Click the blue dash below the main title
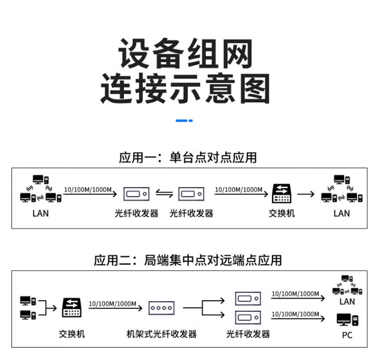click(184, 121)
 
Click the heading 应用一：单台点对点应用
click(188, 157)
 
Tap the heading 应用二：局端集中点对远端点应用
click(188, 259)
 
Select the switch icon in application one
click(282, 193)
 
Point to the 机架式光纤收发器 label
click(162, 334)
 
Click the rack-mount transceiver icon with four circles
click(162, 308)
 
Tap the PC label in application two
click(347, 335)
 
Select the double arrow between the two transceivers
click(164, 193)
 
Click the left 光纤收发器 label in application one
click(137, 213)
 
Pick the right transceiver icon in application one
click(191, 193)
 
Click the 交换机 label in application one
click(282, 213)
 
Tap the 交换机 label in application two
click(72, 334)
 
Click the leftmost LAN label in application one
click(40, 213)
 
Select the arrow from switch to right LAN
click(306, 193)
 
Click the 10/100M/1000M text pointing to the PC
click(295, 313)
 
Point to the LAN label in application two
click(347, 301)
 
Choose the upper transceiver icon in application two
click(247, 298)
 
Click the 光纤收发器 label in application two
click(248, 334)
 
